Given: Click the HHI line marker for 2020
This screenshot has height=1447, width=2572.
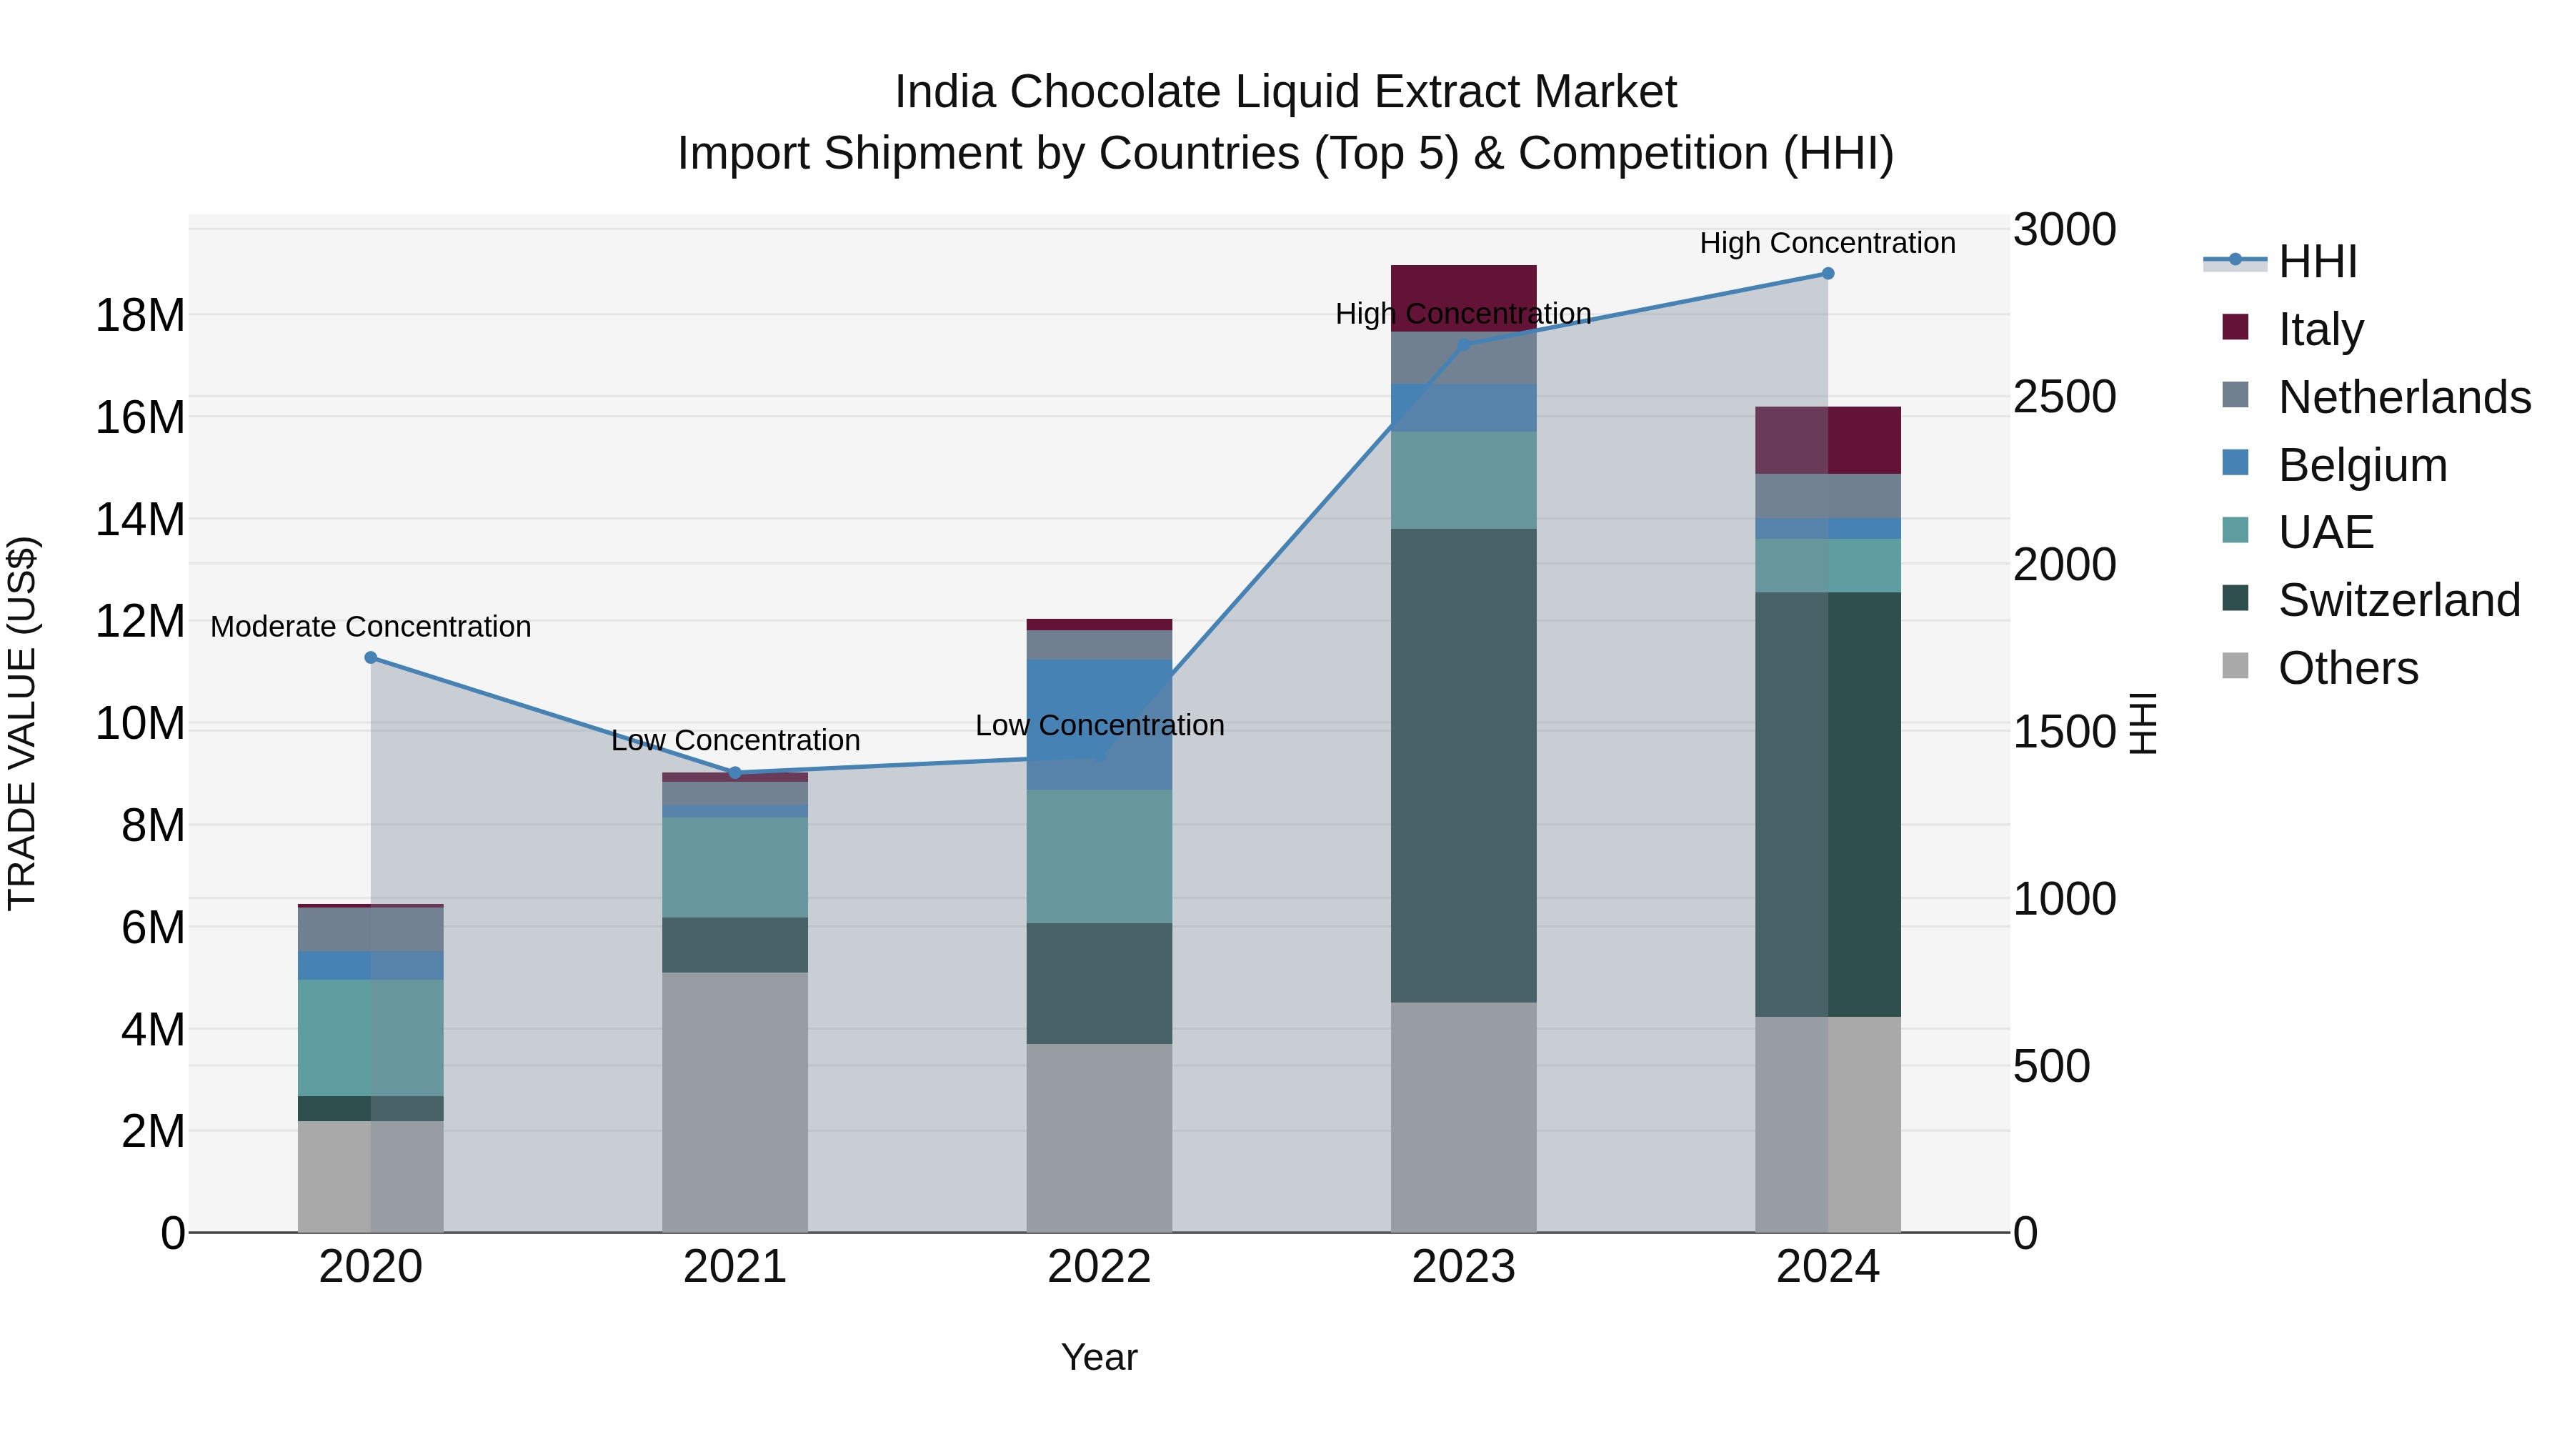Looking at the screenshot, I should [370, 657].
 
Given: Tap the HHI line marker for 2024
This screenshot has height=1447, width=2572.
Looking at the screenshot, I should [1827, 274].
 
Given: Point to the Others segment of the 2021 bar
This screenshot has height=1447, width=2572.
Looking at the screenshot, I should [735, 1101].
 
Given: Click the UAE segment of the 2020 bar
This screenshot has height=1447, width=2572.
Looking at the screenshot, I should [370, 1037].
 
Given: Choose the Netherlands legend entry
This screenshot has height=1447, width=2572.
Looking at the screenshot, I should [2403, 397].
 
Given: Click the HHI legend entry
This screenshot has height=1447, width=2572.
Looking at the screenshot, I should [2316, 262].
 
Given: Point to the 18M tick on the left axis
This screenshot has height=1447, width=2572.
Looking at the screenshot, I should [140, 316].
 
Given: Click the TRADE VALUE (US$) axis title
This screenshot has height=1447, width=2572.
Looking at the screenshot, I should [22, 723].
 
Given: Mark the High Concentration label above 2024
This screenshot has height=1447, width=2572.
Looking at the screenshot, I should [1826, 243].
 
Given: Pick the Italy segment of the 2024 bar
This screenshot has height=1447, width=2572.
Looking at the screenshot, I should [1827, 440].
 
